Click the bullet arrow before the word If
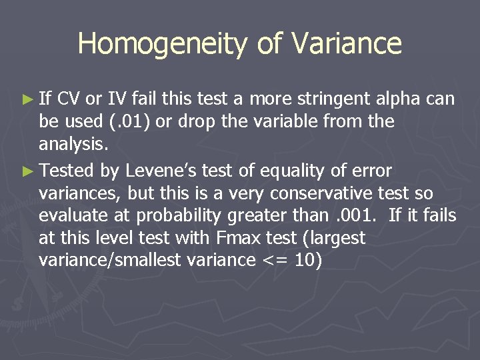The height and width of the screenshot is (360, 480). [x=27, y=100]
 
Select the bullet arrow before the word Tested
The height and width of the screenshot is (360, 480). [x=27, y=172]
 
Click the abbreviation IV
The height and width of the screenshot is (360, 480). [x=117, y=99]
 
